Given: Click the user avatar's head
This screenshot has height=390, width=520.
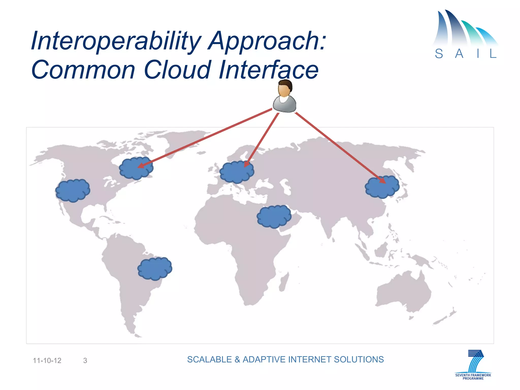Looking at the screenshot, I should (285, 88).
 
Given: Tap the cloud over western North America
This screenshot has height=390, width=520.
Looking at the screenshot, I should (73, 190).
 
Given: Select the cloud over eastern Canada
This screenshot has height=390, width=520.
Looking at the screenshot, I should (136, 168).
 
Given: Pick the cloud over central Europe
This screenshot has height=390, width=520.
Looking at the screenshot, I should (237, 172).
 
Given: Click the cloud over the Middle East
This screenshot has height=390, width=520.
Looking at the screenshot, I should (274, 217).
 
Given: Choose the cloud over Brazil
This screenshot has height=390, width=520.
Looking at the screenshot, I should (155, 269).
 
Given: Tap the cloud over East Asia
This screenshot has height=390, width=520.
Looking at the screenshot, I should (382, 187).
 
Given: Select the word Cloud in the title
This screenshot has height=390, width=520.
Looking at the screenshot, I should (177, 70).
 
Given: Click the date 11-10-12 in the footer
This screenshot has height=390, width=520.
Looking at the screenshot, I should (47, 361).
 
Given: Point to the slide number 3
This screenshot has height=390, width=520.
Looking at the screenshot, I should (85, 361).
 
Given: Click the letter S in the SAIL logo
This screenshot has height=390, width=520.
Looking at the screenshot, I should (439, 54).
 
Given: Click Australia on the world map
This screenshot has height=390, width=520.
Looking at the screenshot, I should (404, 292).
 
